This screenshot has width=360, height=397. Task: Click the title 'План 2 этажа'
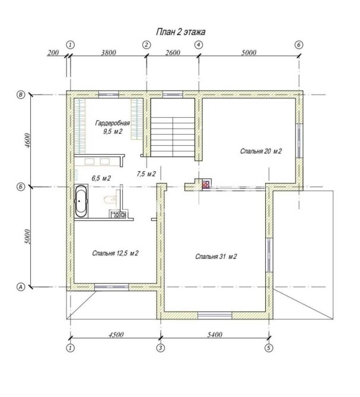click(x=180, y=32)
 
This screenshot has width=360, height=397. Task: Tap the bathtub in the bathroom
click(x=81, y=201)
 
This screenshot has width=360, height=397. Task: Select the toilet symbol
click(x=110, y=200)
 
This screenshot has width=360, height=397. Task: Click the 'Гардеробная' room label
click(x=113, y=123)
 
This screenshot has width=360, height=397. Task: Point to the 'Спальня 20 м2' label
click(x=261, y=152)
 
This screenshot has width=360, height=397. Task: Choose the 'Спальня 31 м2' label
click(x=216, y=257)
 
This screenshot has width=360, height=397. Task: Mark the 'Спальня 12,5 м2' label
click(x=115, y=253)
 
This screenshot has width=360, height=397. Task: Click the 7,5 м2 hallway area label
click(x=146, y=174)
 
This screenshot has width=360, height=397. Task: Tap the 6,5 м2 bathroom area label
click(x=101, y=178)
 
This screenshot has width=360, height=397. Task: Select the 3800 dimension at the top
click(x=109, y=53)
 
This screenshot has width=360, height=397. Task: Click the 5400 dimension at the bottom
click(x=215, y=335)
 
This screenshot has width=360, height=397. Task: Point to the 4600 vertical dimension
click(x=28, y=140)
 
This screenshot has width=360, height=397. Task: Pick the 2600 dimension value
click(x=173, y=53)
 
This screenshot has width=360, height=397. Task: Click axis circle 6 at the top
click(x=299, y=45)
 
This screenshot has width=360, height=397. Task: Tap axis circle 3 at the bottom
click(x=160, y=348)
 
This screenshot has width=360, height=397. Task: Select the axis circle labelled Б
click(x=21, y=187)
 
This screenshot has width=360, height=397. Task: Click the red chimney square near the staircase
click(x=206, y=184)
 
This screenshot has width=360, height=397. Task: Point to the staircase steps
click(x=173, y=137)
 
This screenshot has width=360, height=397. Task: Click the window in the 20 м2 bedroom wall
click(x=299, y=140)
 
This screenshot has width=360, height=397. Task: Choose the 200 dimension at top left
click(x=53, y=53)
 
